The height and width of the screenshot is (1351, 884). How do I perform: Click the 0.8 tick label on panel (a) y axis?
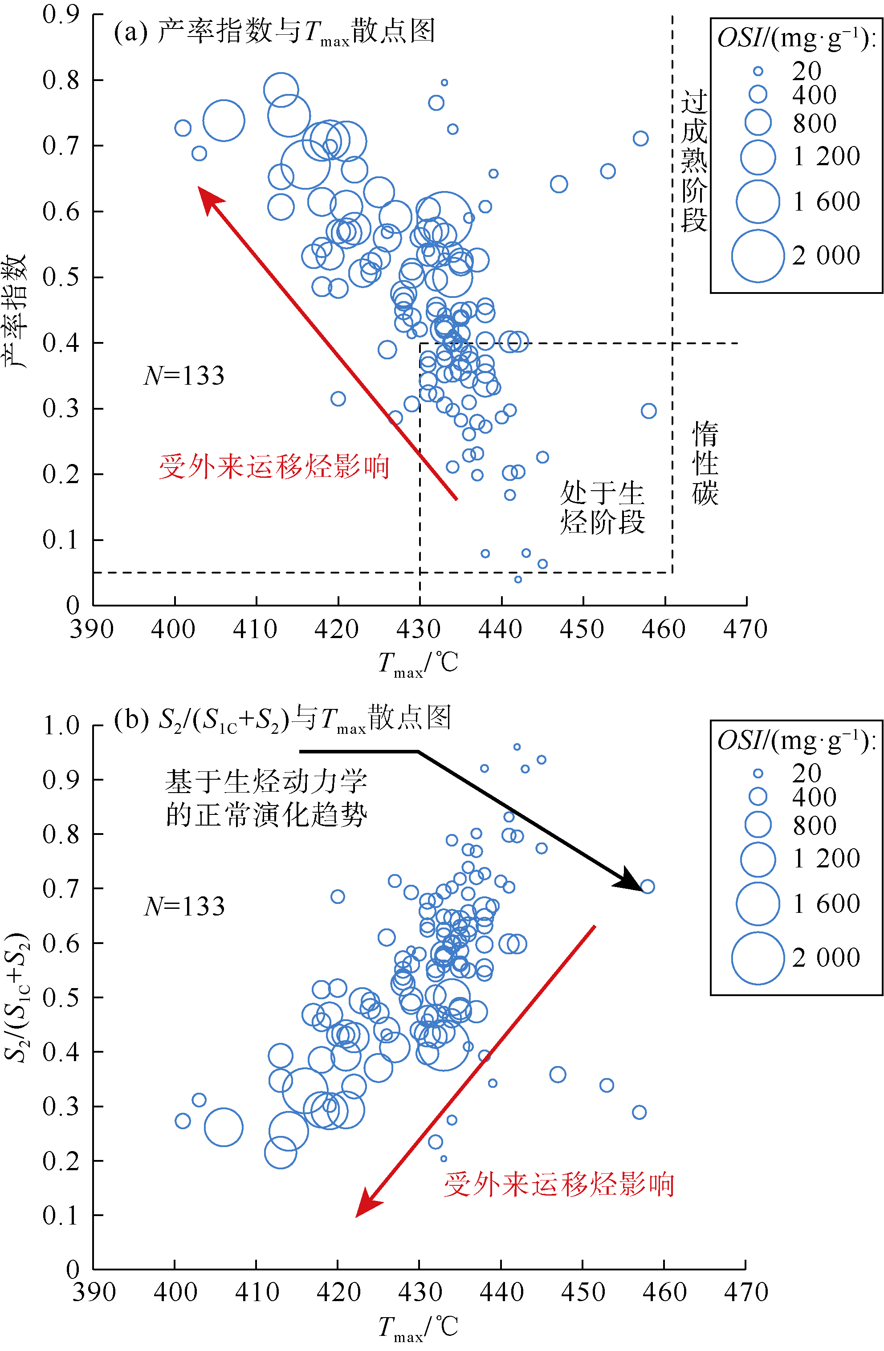click(x=61, y=80)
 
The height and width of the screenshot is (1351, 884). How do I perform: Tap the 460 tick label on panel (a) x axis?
click(x=663, y=629)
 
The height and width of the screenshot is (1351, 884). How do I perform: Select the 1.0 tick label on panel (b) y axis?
click(x=61, y=725)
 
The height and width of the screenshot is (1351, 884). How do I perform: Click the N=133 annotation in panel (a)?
click(x=184, y=376)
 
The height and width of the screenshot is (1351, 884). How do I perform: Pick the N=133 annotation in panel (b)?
click(x=184, y=907)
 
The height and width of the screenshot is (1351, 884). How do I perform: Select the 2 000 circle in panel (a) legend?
click(x=758, y=256)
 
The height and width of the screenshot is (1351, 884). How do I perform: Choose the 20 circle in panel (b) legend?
click(x=758, y=774)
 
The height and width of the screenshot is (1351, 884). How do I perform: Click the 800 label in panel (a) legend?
click(x=814, y=123)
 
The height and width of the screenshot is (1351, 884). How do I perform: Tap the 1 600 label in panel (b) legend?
click(x=826, y=903)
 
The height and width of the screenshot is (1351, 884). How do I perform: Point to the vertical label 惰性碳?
click(x=705, y=463)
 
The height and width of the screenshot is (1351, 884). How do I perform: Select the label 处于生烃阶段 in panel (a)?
click(x=603, y=507)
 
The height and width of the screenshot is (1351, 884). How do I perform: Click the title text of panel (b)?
click(x=282, y=719)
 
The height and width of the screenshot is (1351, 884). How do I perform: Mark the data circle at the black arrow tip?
click(x=647, y=887)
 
